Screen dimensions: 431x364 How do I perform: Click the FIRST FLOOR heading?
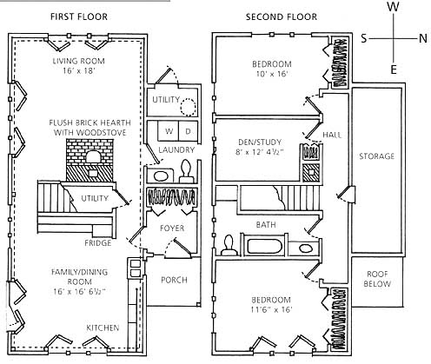(79, 17)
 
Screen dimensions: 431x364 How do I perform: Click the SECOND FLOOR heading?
(282, 17)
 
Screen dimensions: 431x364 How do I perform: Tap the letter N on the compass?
(423, 38)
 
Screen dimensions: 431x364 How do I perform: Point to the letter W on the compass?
(393, 6)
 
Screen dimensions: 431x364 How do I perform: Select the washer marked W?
(169, 131)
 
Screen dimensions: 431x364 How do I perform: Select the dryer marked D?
(189, 131)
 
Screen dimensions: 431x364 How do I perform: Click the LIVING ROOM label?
(78, 61)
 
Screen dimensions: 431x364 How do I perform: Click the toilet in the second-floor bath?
(229, 245)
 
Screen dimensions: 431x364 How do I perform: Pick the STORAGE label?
(376, 156)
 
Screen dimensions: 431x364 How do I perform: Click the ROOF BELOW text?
(377, 279)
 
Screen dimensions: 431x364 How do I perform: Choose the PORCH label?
(174, 280)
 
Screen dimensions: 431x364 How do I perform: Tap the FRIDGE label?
(98, 242)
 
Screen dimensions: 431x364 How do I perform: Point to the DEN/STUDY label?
(260, 142)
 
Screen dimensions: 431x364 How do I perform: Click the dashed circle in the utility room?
(188, 107)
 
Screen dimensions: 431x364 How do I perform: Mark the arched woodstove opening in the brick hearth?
(93, 156)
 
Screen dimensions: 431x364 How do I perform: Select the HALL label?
(332, 135)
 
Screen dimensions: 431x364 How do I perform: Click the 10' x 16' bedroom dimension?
(271, 74)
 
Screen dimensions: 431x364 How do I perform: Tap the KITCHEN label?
(103, 328)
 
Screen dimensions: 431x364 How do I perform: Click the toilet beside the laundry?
(185, 172)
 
